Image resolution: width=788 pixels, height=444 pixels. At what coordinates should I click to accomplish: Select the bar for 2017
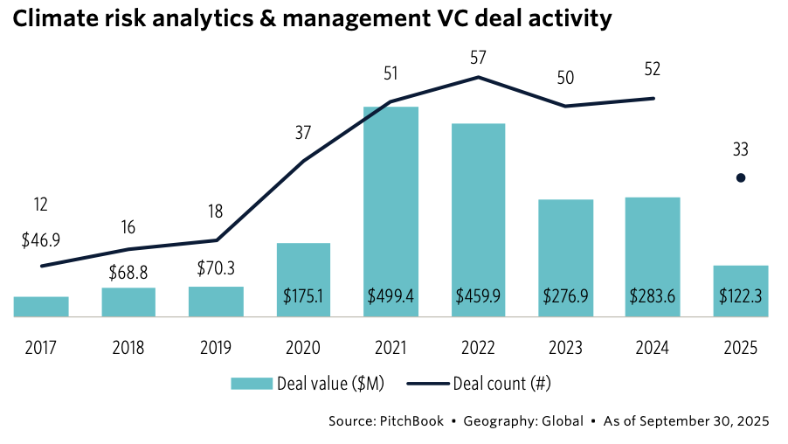click(41, 307)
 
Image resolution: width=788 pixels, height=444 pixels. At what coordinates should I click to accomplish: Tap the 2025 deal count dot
click(741, 178)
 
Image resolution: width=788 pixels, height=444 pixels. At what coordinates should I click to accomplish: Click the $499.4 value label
click(391, 296)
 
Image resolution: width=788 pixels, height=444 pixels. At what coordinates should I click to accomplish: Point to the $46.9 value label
click(41, 242)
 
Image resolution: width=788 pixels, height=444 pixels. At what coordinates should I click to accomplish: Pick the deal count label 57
click(478, 59)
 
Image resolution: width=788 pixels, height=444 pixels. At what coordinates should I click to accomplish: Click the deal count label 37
click(303, 134)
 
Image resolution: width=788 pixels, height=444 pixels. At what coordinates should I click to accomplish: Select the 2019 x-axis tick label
click(216, 347)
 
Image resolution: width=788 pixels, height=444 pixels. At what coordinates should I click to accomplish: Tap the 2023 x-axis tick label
click(565, 347)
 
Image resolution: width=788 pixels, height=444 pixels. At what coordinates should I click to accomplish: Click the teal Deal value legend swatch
click(251, 383)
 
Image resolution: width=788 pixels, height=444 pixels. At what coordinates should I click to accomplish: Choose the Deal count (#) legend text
click(502, 383)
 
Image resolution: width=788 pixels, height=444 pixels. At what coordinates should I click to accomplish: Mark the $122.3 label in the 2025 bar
click(741, 296)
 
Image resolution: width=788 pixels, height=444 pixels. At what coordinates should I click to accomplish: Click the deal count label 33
click(741, 150)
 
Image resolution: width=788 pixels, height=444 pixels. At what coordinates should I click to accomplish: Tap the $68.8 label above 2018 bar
click(128, 273)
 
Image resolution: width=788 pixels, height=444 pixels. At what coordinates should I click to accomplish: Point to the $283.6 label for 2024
click(653, 296)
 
